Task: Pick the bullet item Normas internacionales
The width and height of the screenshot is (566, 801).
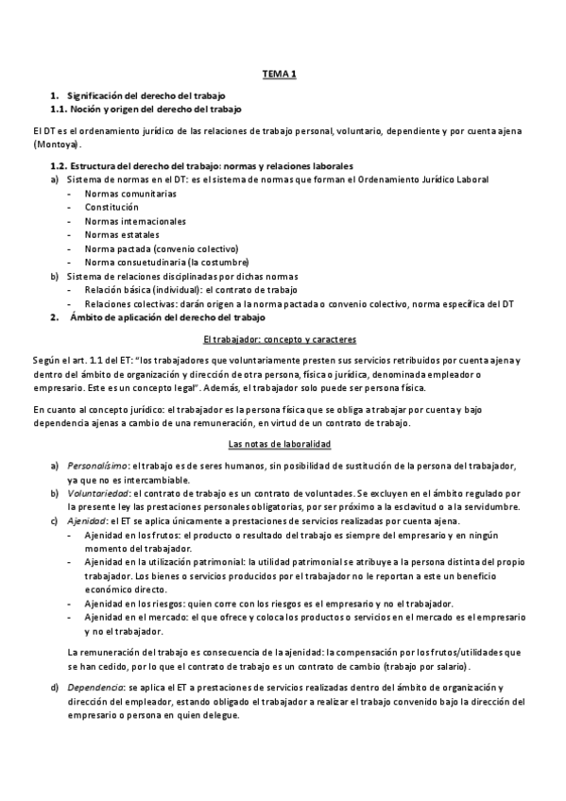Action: [x=134, y=221]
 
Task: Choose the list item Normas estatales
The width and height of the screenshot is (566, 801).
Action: [x=121, y=234]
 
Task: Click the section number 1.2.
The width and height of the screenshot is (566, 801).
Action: [x=61, y=165]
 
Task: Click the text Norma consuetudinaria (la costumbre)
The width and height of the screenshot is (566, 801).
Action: [x=166, y=262]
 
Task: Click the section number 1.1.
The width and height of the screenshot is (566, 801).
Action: [x=61, y=110]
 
